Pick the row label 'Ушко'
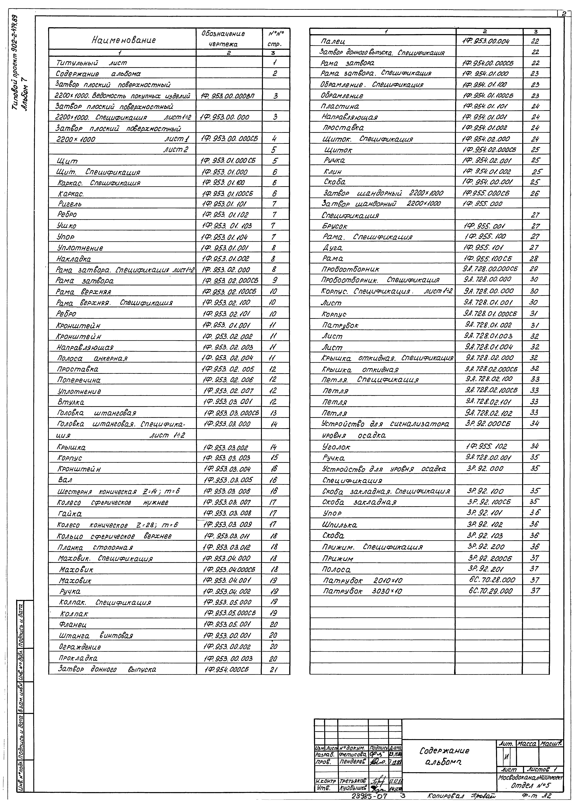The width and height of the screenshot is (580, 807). click(67, 226)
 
